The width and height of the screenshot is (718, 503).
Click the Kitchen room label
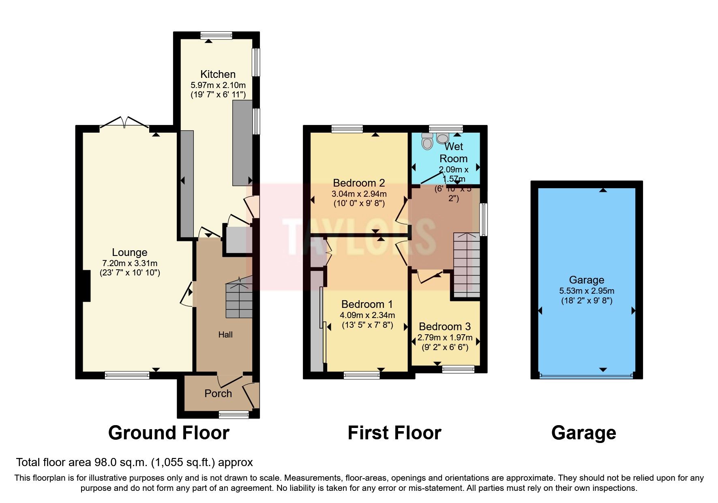click(218, 74)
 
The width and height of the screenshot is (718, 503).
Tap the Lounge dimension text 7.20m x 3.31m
click(130, 263)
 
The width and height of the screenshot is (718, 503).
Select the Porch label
click(218, 393)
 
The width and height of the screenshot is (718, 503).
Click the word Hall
click(225, 335)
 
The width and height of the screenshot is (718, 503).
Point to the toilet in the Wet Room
click(427, 142)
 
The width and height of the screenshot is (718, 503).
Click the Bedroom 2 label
click(359, 183)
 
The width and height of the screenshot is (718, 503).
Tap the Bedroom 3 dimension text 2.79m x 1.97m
click(445, 337)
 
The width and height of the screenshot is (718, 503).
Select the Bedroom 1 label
click(367, 304)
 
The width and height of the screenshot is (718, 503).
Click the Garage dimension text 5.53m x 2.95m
click(587, 291)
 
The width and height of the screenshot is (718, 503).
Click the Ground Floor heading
click(169, 433)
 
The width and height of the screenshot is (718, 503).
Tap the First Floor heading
click(394, 433)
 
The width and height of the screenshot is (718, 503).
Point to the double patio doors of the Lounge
click(124, 122)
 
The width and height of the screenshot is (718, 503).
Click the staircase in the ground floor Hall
click(239, 298)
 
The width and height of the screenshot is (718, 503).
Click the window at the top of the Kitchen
click(216, 36)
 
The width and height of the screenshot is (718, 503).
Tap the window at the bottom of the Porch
click(234, 414)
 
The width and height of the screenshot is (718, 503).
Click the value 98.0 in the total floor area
click(106, 462)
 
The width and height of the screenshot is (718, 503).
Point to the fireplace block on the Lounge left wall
click(86, 286)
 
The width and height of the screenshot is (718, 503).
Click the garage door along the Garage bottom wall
click(586, 376)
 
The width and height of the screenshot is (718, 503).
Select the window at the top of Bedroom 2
click(347, 129)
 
